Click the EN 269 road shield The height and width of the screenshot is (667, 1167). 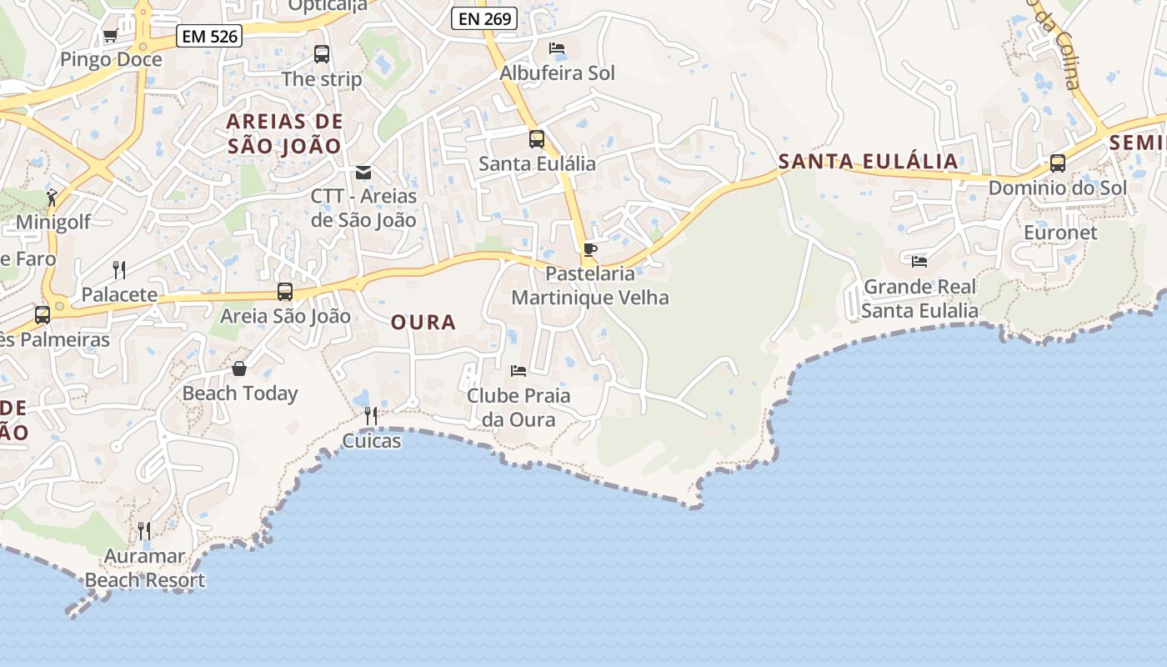pos(484,18)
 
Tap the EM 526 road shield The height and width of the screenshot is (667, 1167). pos(209,36)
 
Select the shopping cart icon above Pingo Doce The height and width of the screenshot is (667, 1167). pos(110,35)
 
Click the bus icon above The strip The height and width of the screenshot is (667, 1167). pos(322,54)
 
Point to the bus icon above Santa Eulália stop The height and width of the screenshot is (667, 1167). pos(537,139)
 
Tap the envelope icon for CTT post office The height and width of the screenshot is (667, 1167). pos(363,173)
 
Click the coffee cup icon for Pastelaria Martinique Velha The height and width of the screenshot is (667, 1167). pos(590,249)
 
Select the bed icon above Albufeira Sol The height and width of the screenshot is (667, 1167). pos(557,48)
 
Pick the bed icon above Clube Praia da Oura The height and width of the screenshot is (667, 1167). pos(518,370)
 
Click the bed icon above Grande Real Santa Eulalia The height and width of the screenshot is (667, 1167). pos(919,262)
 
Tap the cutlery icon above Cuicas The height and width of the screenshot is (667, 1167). pos(371,415)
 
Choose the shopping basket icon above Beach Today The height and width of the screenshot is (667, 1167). pos(239,369)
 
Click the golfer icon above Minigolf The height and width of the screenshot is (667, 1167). pos(53,198)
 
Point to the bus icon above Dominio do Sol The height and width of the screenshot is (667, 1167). pos(1058,163)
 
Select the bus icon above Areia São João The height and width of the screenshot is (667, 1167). pos(285,292)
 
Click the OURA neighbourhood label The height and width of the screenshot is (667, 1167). pos(423,323)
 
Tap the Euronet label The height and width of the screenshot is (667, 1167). pos(1061,233)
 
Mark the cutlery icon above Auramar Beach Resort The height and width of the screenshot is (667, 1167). pos(144,530)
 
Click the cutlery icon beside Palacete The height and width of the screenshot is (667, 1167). pos(119,269)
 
